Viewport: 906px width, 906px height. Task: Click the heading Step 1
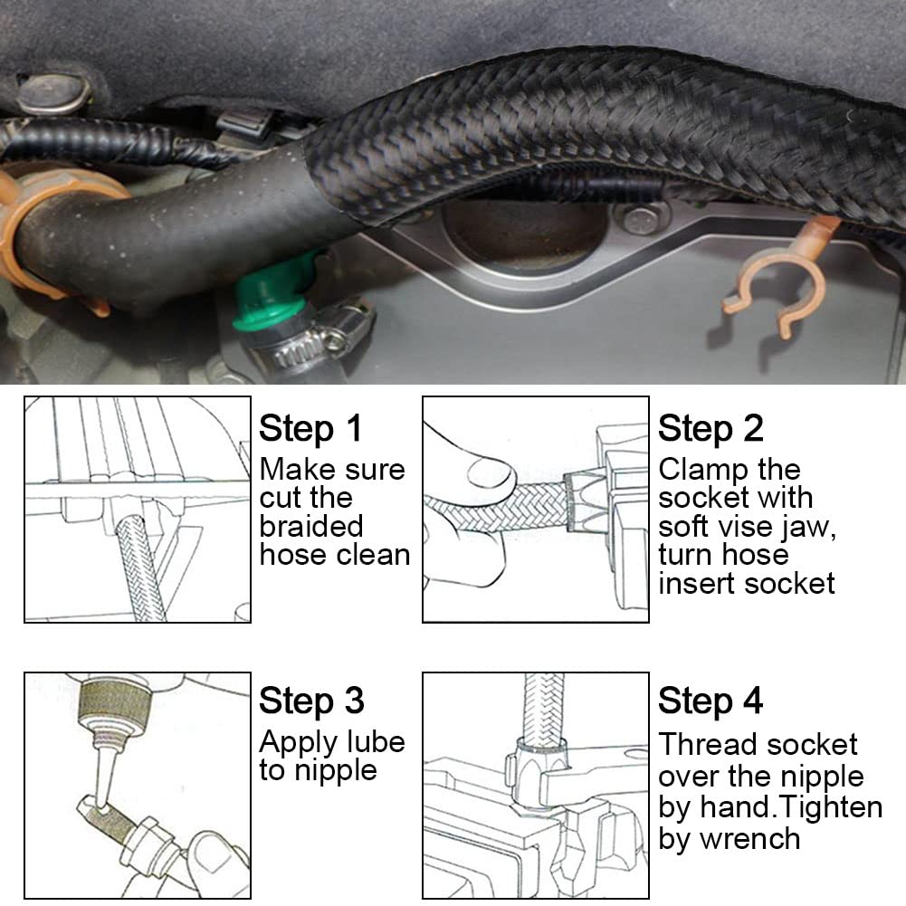310,428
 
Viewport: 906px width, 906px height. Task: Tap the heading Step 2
710,428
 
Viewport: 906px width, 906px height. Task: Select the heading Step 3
310,701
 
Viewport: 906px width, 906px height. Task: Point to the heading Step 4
710,701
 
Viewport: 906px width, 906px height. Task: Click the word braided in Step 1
310,526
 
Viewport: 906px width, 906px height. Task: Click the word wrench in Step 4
749,838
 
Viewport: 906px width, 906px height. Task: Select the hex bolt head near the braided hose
641,219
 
